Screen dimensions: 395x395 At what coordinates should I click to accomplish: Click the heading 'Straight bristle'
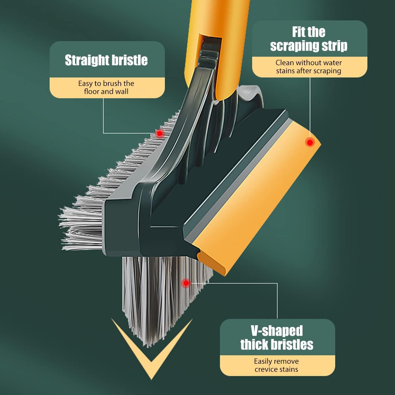pyautogui.click(x=106, y=60)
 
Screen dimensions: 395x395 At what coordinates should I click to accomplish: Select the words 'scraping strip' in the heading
pyautogui.click(x=309, y=46)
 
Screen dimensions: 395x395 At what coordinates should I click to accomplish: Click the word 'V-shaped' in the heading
pyautogui.click(x=277, y=330)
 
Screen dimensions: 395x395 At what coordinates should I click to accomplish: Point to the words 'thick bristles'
pyautogui.click(x=277, y=345)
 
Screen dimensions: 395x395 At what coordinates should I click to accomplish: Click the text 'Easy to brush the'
pyautogui.click(x=106, y=83)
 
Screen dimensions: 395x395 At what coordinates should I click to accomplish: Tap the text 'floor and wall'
pyautogui.click(x=106, y=92)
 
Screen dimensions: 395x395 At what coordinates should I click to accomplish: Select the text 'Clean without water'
pyautogui.click(x=308, y=63)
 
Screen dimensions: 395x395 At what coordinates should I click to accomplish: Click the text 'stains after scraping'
pyautogui.click(x=308, y=71)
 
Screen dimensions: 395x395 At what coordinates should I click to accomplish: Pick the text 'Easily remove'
pyautogui.click(x=276, y=361)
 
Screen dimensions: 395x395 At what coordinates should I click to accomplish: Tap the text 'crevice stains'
pyautogui.click(x=276, y=369)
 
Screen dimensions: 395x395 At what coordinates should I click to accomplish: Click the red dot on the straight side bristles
pyautogui.click(x=159, y=134)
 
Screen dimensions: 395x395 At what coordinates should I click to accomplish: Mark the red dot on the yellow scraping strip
pyautogui.click(x=310, y=142)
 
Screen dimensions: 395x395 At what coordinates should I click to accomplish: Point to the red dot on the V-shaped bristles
pyautogui.click(x=186, y=283)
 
